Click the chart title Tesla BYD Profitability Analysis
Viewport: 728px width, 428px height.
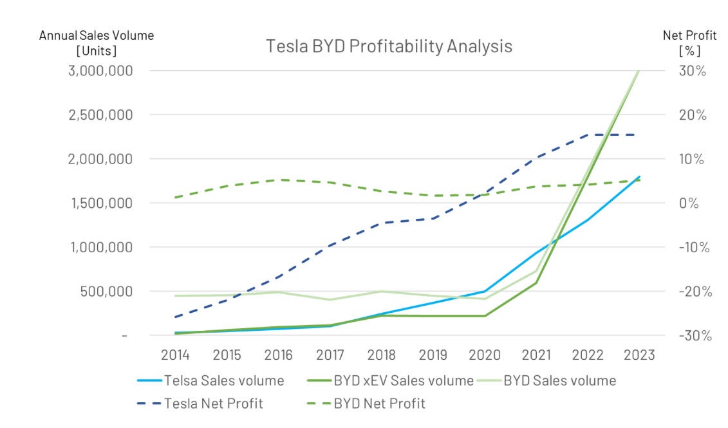pos(389,46)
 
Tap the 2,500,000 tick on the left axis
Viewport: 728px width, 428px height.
pos(109,115)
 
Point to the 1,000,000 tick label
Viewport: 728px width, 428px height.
pos(109,247)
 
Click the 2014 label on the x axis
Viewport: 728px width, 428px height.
pos(176,355)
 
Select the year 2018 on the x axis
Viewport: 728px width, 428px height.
pos(382,355)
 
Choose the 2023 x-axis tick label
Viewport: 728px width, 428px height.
pos(639,355)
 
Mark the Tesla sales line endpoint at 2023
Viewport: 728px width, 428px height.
pos(639,176)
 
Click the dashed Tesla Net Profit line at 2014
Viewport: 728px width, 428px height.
pos(176,317)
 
